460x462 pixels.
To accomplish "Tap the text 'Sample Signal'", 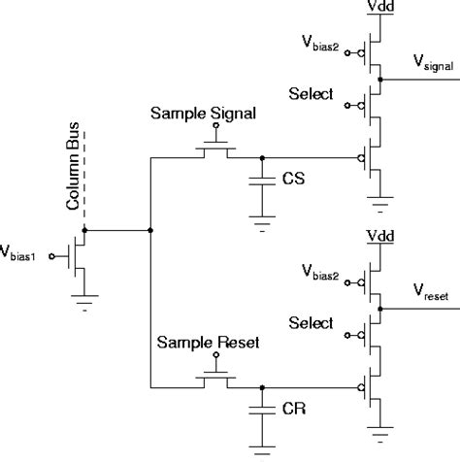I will pos(203,114).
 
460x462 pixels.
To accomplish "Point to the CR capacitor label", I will pos(293,411).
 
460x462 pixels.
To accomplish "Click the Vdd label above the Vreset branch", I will pos(378,238).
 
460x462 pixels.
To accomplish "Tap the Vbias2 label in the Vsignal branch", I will pos(322,45).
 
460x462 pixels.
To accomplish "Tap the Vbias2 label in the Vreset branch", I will pos(322,275).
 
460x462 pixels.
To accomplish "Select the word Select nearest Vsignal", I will pos(311,94).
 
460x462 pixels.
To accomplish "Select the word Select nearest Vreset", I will pos(311,323).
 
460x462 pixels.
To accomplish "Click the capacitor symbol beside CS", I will pos(261,181).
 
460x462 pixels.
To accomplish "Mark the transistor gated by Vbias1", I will pos(76,256).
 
